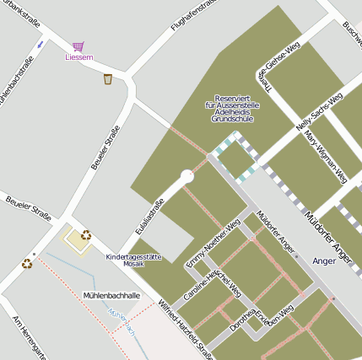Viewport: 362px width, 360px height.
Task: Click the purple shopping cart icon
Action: (x=78, y=46)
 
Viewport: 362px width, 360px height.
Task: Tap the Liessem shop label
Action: (x=78, y=57)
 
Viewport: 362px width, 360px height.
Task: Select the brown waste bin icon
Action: (x=107, y=79)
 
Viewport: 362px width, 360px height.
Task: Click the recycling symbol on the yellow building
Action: (x=85, y=235)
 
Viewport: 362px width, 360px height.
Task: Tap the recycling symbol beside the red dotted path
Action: (x=27, y=263)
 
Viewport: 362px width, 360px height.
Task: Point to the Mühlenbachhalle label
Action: (x=111, y=296)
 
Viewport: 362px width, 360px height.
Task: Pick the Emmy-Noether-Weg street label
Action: (x=213, y=244)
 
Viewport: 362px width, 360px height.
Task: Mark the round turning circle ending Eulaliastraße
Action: (x=187, y=177)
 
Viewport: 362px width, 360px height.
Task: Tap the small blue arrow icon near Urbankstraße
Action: (x=40, y=44)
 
